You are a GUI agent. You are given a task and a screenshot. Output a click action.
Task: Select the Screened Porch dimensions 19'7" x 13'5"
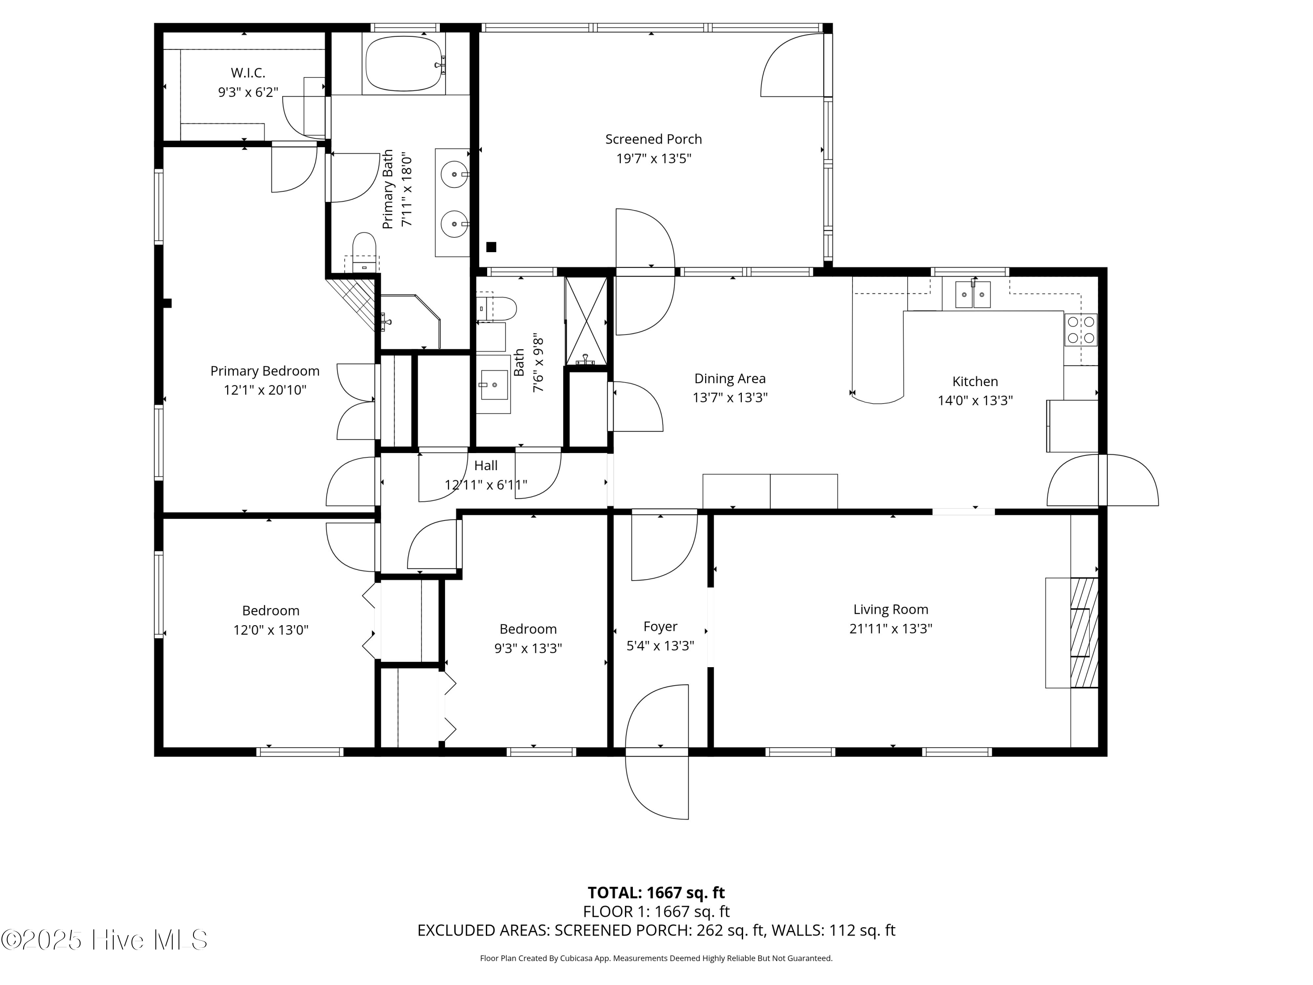(x=653, y=158)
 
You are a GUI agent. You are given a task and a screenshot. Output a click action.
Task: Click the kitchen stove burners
(x=1080, y=330)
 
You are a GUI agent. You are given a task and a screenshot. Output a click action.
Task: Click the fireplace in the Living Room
(x=1084, y=632)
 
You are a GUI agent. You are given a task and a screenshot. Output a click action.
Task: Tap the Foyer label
(x=660, y=626)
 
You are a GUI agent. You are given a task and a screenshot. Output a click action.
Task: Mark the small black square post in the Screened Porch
(x=491, y=247)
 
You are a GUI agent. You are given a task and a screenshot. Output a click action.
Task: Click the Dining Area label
(x=730, y=378)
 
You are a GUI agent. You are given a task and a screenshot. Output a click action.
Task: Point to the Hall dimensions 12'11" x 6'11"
(x=485, y=485)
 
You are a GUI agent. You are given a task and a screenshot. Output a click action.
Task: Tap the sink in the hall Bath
(x=494, y=385)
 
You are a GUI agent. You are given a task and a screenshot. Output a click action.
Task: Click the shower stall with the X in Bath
(x=586, y=320)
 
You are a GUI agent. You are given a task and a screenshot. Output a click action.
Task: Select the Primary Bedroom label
(x=265, y=370)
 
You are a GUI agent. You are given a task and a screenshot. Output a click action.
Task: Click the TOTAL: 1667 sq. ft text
(x=656, y=892)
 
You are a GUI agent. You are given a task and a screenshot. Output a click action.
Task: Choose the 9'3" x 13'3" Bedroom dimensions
(x=528, y=648)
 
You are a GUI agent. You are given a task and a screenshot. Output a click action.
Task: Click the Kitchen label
(x=975, y=381)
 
